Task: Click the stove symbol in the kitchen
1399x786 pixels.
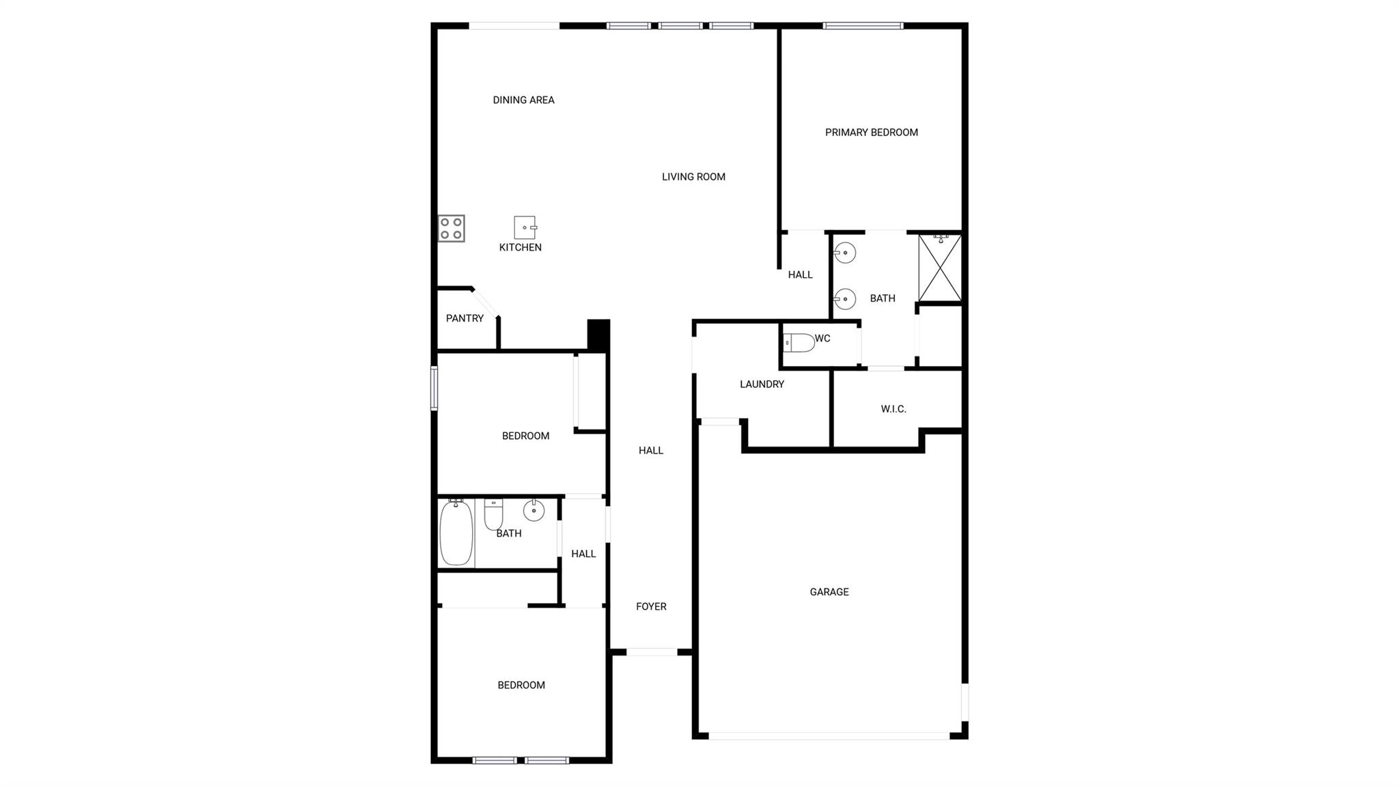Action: [452, 229]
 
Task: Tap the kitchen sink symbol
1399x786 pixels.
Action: [525, 227]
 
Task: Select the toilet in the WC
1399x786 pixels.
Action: [799, 342]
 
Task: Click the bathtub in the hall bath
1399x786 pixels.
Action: [456, 532]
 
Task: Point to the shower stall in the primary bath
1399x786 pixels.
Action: [940, 268]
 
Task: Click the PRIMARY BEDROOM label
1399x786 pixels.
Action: [871, 132]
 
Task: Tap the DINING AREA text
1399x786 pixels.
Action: [523, 100]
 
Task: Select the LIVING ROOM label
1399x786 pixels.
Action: [693, 177]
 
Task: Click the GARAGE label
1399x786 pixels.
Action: [829, 592]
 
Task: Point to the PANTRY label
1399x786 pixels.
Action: [465, 318]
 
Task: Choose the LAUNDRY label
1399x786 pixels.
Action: [762, 384]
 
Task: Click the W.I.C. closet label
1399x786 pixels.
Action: [894, 409]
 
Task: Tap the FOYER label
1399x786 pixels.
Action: [651, 606]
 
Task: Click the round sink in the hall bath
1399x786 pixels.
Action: [534, 510]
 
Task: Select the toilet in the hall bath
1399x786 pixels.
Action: [493, 514]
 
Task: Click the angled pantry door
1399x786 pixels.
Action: [486, 303]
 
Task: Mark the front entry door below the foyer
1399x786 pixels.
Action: [652, 652]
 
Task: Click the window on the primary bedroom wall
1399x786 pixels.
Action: [863, 26]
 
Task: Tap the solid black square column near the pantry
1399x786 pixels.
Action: [598, 335]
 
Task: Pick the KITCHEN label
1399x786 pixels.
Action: [521, 247]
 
